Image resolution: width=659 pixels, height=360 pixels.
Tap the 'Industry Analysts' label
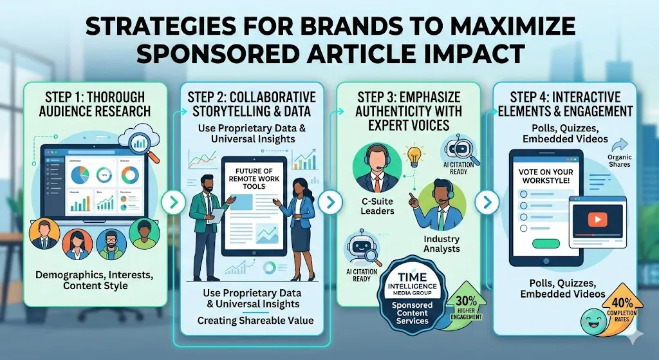point(441,244)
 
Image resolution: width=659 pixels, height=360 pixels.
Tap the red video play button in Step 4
point(597,220)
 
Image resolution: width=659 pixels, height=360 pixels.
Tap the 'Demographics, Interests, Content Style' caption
point(95,279)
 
